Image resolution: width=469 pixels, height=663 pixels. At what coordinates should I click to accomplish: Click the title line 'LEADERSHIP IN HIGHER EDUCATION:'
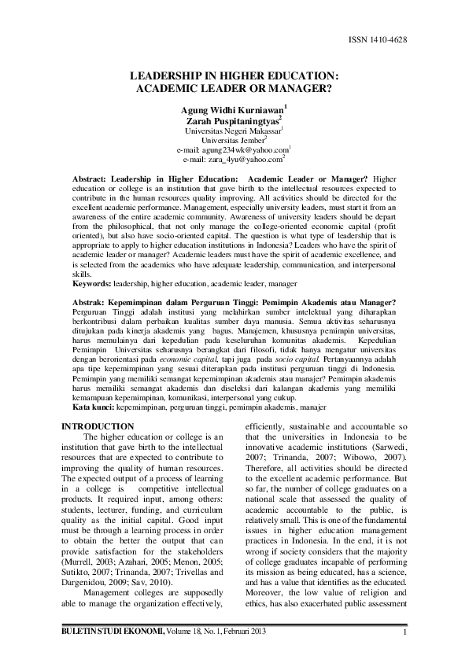click(x=234, y=76)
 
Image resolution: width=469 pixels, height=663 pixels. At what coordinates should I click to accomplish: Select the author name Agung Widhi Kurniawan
click(x=231, y=110)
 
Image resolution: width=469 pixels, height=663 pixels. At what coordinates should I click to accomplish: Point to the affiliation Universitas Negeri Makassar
click(x=231, y=131)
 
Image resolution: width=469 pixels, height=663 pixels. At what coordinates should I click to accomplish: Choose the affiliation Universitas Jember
click(x=234, y=141)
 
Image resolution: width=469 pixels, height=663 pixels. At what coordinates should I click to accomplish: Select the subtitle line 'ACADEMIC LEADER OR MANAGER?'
click(x=234, y=89)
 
